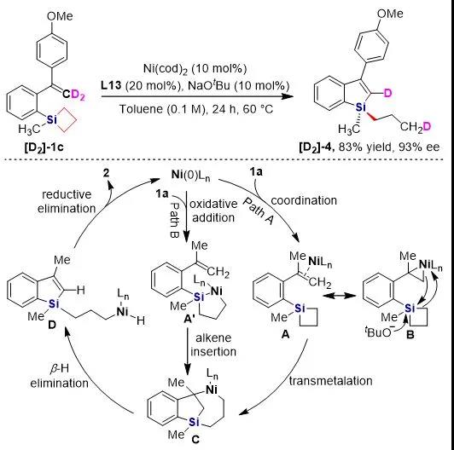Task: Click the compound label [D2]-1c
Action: (x=44, y=147)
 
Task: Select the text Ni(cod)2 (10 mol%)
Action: (x=195, y=69)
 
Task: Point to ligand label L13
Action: (x=111, y=85)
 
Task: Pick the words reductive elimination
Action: (x=67, y=201)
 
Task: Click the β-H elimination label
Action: (x=60, y=376)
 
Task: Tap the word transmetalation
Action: (x=330, y=381)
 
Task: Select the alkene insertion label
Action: (x=213, y=344)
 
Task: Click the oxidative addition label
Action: (x=213, y=211)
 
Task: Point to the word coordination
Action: (x=304, y=200)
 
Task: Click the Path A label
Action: (x=259, y=211)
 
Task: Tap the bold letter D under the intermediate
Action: (x=51, y=326)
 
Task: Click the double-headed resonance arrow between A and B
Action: (x=340, y=296)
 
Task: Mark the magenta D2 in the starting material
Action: (x=79, y=95)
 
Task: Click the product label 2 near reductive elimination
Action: (x=107, y=173)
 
